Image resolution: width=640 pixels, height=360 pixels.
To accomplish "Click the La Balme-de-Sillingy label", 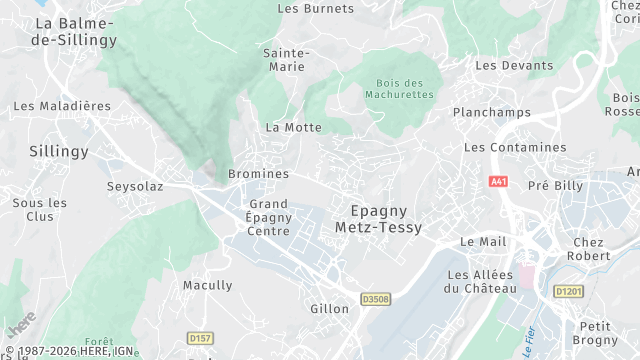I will [x=75, y=31].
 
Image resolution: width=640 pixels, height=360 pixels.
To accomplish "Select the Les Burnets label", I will [x=315, y=8].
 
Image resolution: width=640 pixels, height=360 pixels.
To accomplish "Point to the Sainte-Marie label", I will [x=286, y=59].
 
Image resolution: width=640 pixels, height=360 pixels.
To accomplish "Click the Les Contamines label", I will [x=515, y=147].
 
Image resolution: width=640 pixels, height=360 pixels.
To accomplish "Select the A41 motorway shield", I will [x=498, y=182].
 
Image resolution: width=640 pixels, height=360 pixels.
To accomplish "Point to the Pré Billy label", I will [x=555, y=185].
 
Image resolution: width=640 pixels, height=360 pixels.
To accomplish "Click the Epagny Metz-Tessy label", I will [x=386, y=219].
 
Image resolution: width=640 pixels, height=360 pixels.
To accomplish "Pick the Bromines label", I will [x=258, y=173].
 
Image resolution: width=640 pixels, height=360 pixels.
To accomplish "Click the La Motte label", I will [x=294, y=127].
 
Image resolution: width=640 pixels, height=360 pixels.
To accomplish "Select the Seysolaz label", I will [x=135, y=186].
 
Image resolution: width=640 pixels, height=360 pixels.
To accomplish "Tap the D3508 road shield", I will [x=375, y=298].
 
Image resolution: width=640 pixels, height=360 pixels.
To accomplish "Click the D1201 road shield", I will [x=567, y=291].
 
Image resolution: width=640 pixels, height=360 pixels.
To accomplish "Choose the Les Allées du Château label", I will [x=481, y=281].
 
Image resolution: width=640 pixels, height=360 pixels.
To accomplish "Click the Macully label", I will [x=207, y=285].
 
